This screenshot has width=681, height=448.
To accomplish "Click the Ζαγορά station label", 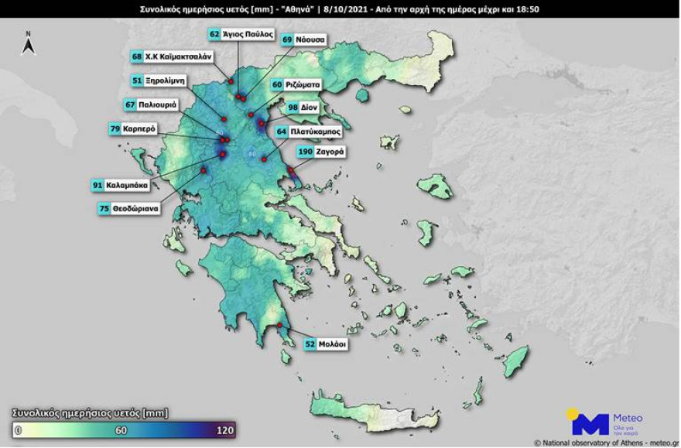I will [x=330, y=152].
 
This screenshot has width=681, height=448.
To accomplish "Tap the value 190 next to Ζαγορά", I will [x=305, y=152].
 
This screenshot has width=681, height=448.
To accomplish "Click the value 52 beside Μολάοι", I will [x=310, y=345].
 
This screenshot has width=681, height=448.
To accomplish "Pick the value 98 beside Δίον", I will [x=293, y=108].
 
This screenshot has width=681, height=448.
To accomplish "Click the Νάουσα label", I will [x=313, y=39].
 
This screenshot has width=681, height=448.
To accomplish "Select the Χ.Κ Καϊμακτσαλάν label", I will [x=178, y=56].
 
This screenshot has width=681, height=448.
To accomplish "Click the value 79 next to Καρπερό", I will [x=115, y=128].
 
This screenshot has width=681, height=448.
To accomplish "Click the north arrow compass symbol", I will [x=28, y=43].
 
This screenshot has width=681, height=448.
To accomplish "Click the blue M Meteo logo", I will [x=590, y=422].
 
